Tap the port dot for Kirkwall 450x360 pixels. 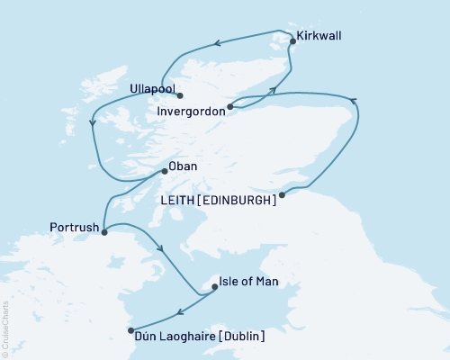coord(292,40)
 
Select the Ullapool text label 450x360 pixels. coord(145,91)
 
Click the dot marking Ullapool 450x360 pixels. coord(180,95)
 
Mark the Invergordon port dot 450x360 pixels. coord(230,107)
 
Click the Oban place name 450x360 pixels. coord(184,166)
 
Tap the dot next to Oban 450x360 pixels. coord(163,170)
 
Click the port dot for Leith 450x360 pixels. coord(283,194)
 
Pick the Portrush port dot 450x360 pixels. coord(104,232)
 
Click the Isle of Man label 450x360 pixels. coord(249,283)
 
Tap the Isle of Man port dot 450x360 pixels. coord(213,287)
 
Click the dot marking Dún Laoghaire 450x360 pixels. coord(132,330)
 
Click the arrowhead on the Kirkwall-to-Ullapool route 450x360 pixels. coord(217,41)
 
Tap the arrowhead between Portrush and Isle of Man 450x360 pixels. coord(160,249)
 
